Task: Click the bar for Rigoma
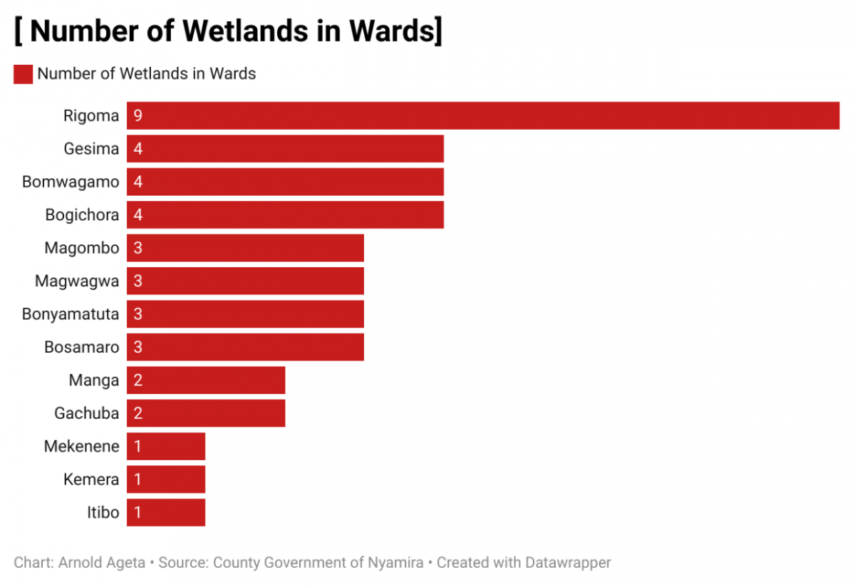tap(483, 115)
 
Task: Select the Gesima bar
tap(285, 149)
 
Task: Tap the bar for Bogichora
tap(285, 214)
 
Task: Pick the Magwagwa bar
tap(245, 281)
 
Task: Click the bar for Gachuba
tap(206, 413)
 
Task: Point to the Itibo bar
tap(166, 512)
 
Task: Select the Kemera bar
tap(166, 479)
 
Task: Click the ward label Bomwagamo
tap(71, 182)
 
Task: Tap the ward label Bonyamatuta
tap(71, 313)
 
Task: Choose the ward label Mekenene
tap(81, 447)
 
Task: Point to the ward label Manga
tap(93, 380)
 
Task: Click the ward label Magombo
tap(81, 248)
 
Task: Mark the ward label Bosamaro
tap(81, 347)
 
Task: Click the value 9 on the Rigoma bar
tap(138, 115)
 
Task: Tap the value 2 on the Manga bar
tap(138, 380)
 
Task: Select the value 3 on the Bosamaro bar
tap(138, 347)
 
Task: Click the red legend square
tap(23, 73)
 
